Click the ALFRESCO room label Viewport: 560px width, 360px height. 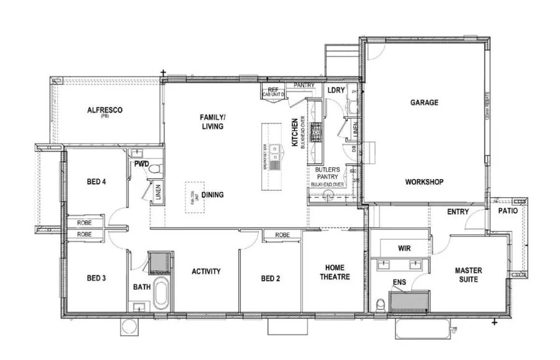click(x=105, y=110)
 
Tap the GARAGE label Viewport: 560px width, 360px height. click(x=424, y=103)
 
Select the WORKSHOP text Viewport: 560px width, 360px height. click(x=424, y=182)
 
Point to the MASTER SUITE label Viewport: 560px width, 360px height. click(x=468, y=275)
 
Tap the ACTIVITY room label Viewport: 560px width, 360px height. click(x=206, y=271)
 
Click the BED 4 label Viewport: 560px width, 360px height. click(x=96, y=182)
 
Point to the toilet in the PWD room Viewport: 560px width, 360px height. click(x=157, y=168)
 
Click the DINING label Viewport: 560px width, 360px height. click(x=212, y=195)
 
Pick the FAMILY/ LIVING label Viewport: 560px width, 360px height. click(x=212, y=121)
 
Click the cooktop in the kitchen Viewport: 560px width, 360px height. click(x=316, y=131)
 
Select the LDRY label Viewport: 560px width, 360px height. click(x=335, y=91)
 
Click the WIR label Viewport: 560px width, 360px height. click(x=404, y=248)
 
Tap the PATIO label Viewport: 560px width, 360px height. click(x=508, y=211)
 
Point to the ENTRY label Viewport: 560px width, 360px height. click(x=457, y=212)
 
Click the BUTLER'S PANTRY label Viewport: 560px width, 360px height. click(x=327, y=173)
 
